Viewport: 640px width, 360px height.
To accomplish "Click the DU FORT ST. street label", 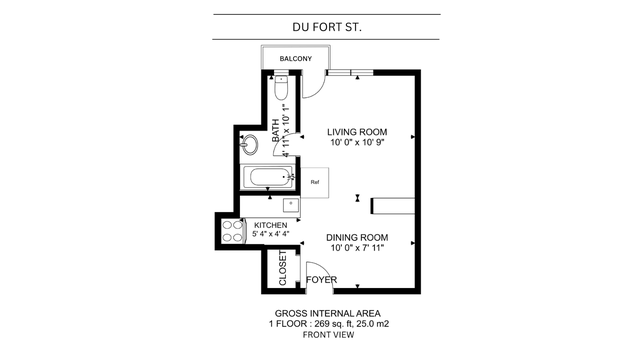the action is [327, 27].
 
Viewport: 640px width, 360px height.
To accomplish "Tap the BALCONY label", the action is [296, 59].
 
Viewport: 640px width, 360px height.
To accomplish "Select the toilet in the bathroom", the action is [281, 88].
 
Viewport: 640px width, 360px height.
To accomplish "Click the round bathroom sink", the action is [249, 144].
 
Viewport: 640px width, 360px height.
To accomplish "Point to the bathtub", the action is [268, 177].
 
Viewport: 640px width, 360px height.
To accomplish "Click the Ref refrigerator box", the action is [315, 182].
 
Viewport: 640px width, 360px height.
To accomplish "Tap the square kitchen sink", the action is [291, 204].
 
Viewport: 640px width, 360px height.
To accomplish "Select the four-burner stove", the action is [233, 231].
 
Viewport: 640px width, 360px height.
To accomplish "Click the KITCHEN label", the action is [271, 225].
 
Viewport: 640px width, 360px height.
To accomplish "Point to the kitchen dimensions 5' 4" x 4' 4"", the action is [271, 234].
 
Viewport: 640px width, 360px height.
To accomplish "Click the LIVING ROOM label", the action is [357, 132].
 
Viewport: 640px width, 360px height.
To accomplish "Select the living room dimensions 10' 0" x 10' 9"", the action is [358, 142].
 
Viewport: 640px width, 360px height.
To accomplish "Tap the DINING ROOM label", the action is [357, 238].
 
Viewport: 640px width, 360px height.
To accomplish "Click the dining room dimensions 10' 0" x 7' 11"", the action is [358, 248].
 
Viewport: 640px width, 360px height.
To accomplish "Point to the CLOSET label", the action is [283, 268].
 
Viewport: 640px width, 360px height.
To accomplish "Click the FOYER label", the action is [322, 280].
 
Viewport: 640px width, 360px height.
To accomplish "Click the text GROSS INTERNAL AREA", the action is [327, 313].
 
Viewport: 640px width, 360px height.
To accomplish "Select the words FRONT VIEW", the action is [328, 335].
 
